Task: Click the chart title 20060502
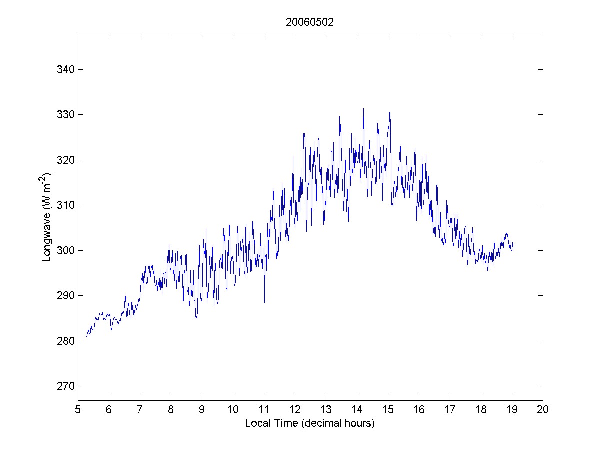click(310, 22)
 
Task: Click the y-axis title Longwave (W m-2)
click(47, 217)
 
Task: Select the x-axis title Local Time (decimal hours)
click(310, 423)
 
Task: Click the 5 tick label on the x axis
click(78, 410)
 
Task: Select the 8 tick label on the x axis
click(171, 410)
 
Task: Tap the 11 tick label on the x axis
click(264, 410)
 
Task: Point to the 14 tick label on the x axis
click(357, 410)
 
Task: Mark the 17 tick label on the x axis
click(450, 410)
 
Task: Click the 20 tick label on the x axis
click(543, 410)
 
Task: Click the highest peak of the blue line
click(363, 109)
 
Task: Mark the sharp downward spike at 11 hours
click(264, 302)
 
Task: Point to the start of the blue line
click(86, 336)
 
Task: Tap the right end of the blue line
click(513, 244)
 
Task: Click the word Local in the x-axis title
click(256, 423)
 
